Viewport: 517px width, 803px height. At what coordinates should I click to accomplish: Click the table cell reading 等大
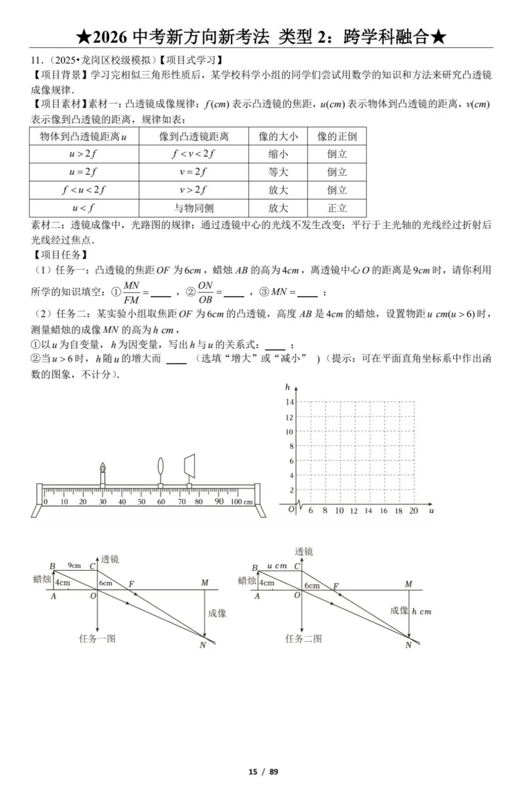coord(278,172)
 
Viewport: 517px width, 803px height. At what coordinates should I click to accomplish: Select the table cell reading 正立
coord(337,208)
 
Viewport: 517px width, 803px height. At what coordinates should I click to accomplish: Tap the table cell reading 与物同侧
coord(193,208)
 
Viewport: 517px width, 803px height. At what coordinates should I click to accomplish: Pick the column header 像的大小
coord(278,136)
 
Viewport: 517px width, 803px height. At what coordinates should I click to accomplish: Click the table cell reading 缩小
coord(278,154)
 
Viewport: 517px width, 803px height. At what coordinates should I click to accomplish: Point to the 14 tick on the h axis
coord(289,402)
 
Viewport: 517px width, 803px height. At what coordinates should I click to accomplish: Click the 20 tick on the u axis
coord(414,511)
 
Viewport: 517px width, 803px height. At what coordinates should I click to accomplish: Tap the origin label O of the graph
coord(291,509)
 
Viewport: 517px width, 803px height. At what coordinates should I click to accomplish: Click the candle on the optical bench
coord(102,474)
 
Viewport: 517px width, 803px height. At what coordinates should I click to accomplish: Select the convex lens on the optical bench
coord(160,467)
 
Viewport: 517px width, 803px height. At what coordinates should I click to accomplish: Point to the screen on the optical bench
coord(190,464)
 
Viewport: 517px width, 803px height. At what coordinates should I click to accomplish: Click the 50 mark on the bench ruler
coord(142,502)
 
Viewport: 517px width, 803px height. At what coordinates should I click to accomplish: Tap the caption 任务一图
coord(97,638)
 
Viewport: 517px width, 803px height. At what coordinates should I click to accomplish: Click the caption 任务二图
coord(303,638)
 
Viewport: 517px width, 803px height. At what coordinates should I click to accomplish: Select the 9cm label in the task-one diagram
coord(74,565)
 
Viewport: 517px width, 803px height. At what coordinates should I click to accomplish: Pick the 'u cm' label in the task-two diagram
coord(277,566)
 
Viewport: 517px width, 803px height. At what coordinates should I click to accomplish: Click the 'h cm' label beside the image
coord(421,611)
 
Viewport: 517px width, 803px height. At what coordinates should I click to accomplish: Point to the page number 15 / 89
coord(263,771)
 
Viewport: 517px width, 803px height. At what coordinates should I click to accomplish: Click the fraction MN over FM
coord(131,292)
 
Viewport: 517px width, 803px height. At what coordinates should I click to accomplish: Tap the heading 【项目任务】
coord(61,255)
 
